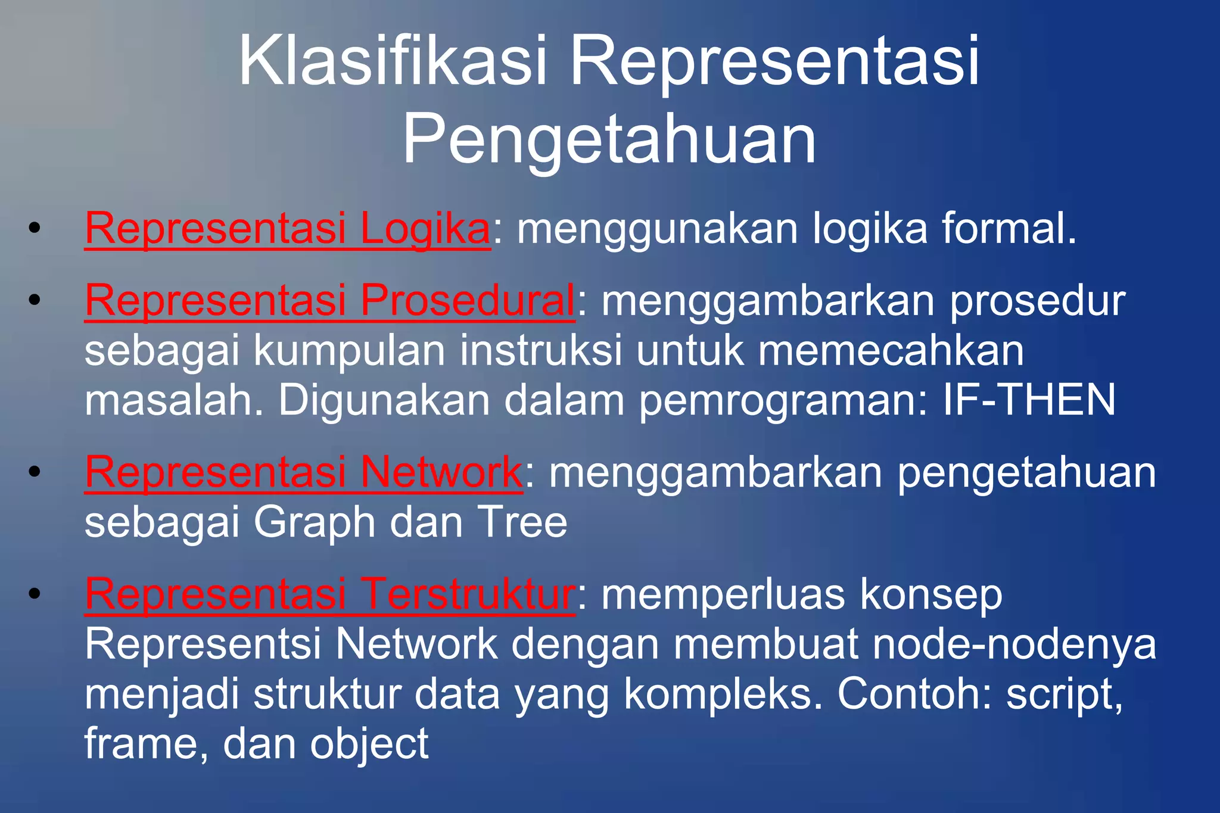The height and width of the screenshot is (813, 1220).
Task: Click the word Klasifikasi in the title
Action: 393,61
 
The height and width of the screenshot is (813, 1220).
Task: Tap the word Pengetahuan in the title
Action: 609,140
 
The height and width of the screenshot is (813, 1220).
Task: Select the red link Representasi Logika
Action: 287,228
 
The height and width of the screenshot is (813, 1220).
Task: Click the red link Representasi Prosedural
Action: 329,300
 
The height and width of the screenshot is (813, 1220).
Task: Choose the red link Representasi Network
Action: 304,472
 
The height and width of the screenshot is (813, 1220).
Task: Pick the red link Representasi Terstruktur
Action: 329,594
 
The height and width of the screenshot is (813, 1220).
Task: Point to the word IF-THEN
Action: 1029,400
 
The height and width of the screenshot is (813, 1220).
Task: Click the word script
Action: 1064,694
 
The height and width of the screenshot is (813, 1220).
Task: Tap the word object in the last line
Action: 369,744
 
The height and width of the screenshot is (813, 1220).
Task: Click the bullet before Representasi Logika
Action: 35,228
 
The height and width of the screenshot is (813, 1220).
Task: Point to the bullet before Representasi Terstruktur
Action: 35,594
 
